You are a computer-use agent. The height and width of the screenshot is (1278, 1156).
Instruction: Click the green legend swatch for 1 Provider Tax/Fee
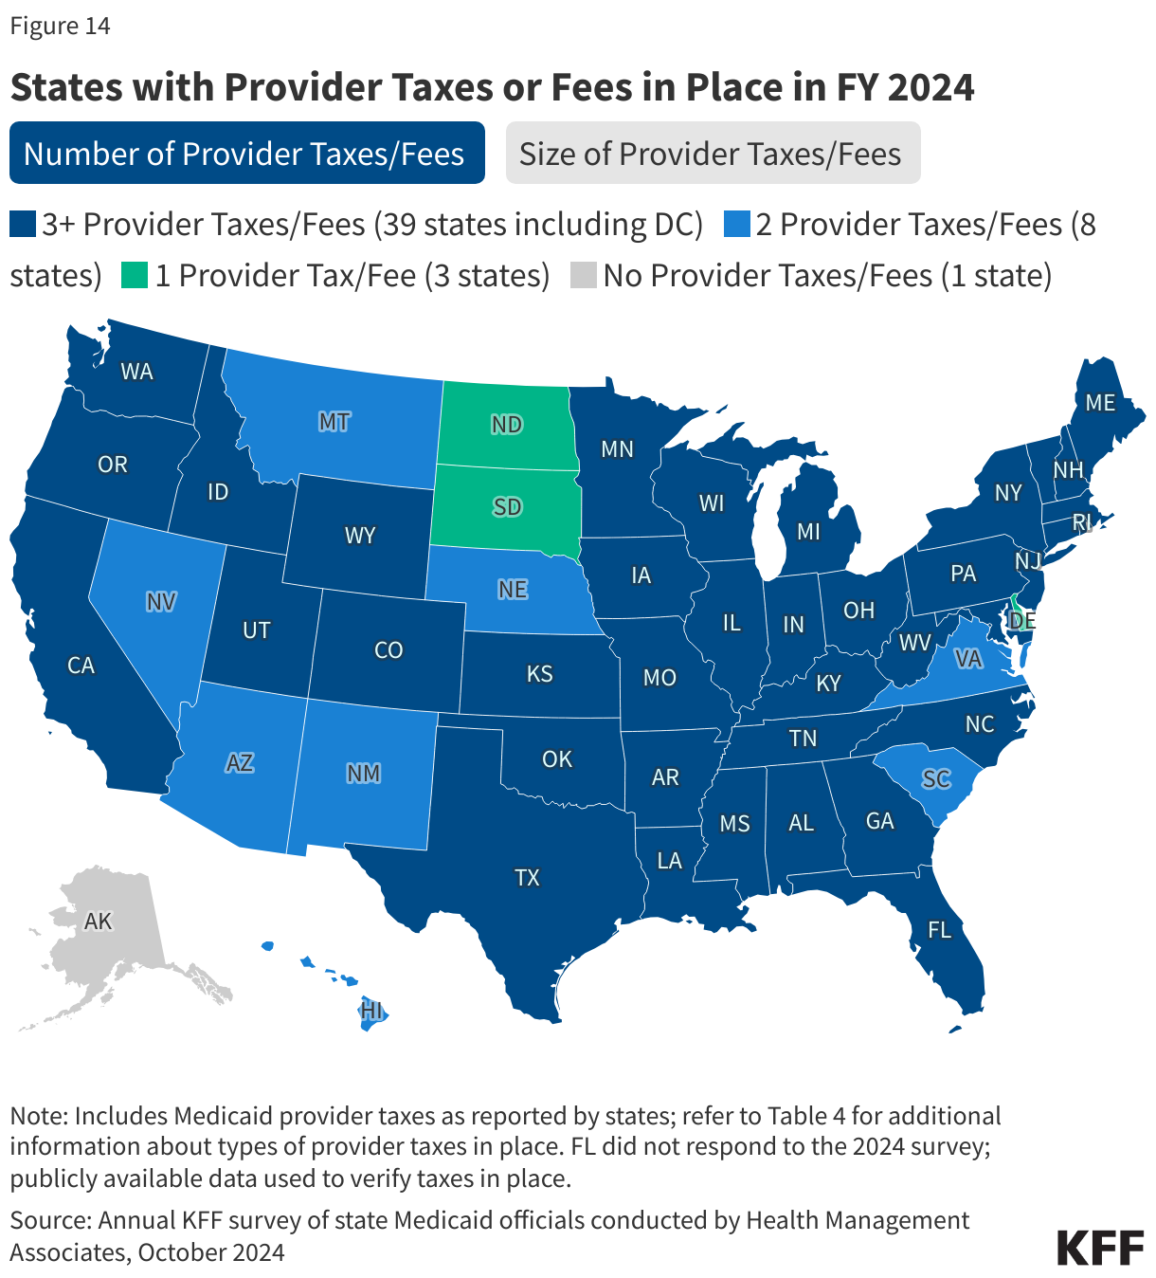click(135, 276)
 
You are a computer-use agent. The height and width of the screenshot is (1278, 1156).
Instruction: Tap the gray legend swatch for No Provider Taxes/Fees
click(583, 276)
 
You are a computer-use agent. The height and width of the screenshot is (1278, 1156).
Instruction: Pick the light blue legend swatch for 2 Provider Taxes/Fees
click(736, 225)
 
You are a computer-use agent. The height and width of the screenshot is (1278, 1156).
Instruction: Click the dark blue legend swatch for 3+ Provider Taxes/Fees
click(23, 225)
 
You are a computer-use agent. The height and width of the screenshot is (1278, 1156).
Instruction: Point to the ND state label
click(507, 424)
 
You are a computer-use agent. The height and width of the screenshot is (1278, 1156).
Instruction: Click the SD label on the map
click(507, 507)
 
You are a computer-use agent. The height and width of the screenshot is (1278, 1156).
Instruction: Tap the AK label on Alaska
click(98, 921)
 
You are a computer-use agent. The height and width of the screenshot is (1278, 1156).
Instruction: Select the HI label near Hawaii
click(371, 1011)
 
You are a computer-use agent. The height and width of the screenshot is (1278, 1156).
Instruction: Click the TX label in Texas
click(527, 878)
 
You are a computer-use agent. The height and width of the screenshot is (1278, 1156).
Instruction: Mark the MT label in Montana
click(334, 421)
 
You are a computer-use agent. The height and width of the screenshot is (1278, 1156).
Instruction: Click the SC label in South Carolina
click(935, 778)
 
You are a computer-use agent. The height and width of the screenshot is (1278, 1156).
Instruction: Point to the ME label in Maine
click(1099, 403)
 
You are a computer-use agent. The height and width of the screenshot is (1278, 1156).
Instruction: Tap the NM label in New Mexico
click(363, 774)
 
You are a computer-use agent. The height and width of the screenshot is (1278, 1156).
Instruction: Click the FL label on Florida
click(939, 930)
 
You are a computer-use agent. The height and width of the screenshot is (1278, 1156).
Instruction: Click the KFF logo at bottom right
click(1099, 1248)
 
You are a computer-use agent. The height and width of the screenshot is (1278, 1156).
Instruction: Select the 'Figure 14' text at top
click(60, 26)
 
